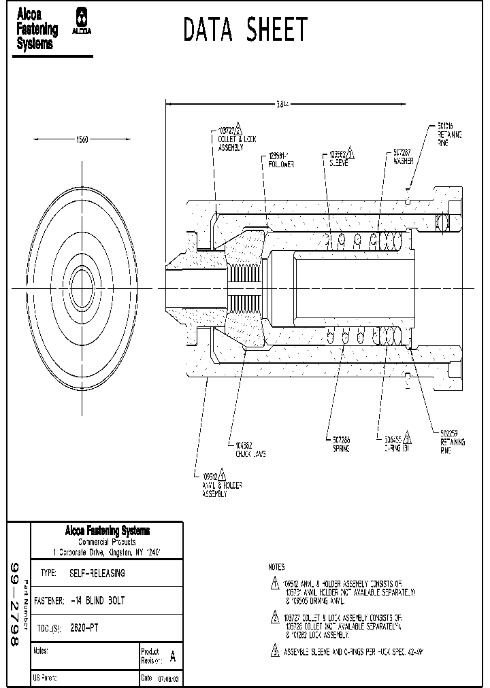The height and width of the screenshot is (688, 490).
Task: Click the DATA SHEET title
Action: pos(246,30)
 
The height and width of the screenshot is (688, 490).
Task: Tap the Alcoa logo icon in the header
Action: pos(82,20)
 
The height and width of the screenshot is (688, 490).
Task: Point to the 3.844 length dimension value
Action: pos(283,104)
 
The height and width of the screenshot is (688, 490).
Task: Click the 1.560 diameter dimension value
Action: pos(81,139)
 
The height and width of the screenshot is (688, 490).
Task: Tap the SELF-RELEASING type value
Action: pos(97,573)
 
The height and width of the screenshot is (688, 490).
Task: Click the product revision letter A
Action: pos(172,657)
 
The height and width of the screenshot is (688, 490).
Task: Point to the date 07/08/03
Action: pos(168,678)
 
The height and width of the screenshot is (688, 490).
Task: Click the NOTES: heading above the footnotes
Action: pos(277,566)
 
